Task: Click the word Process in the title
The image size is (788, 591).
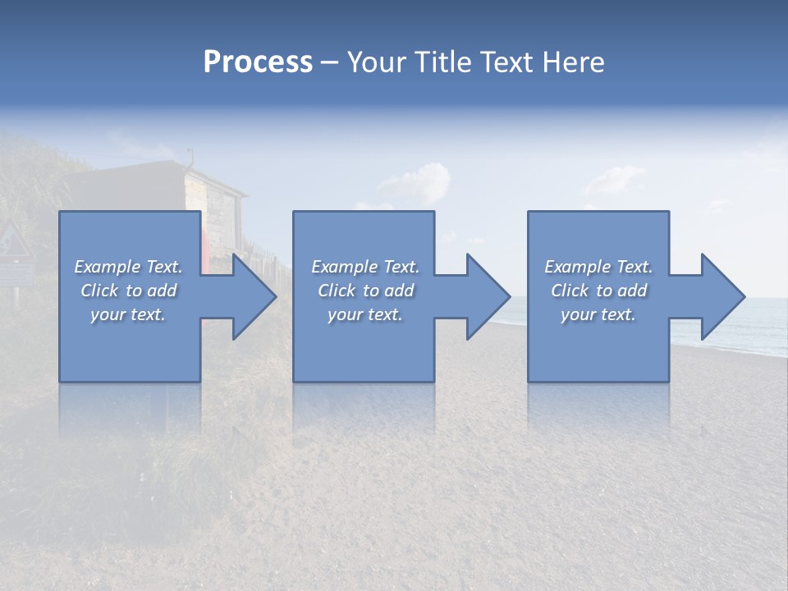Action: coord(258,62)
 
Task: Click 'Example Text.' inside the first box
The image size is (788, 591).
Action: coord(129,267)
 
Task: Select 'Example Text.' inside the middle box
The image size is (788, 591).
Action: coord(365,267)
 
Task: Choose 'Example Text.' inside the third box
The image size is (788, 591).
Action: coord(598,267)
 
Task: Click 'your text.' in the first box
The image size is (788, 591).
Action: coord(129,314)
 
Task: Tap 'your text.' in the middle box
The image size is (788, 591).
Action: coord(365,314)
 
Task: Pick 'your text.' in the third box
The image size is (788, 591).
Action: coord(598,314)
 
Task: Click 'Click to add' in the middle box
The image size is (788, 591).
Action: coord(365,291)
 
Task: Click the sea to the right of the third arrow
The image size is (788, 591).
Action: coord(763,324)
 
